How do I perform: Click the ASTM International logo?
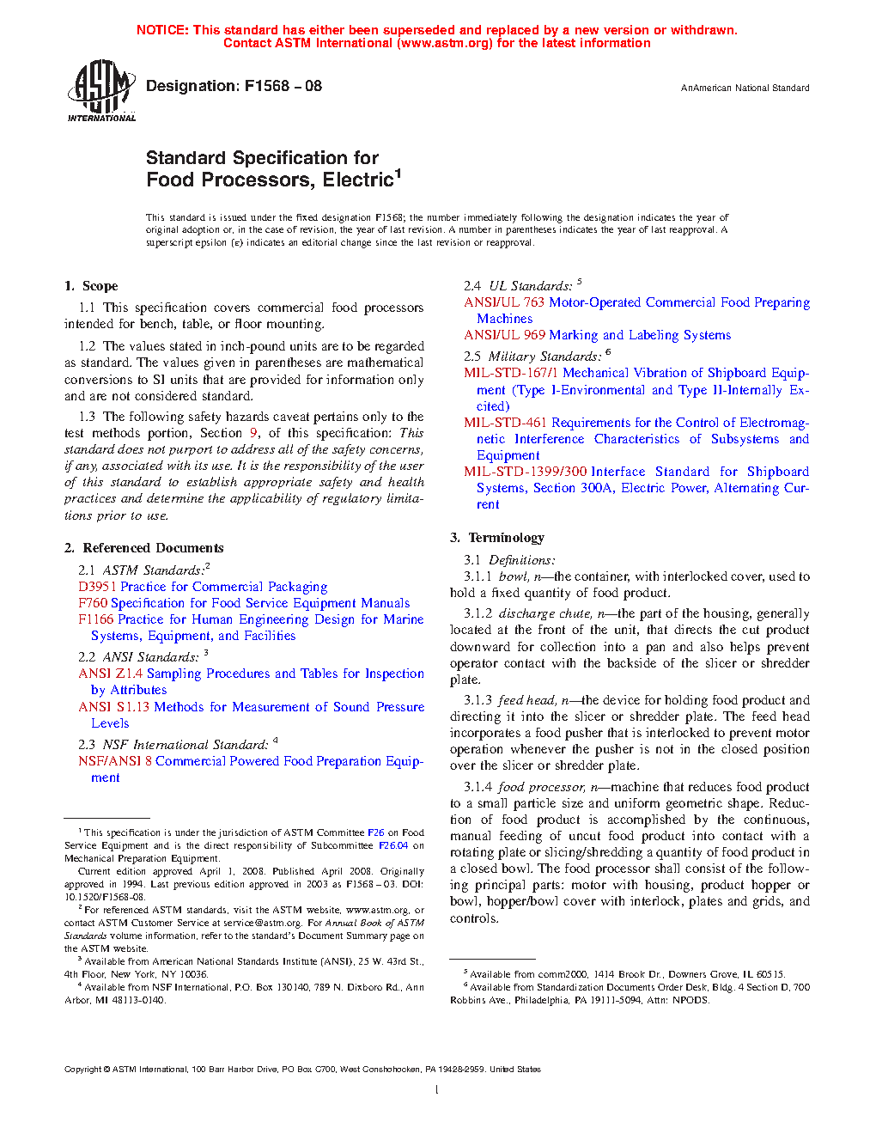point(101,90)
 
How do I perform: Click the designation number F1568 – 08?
point(283,86)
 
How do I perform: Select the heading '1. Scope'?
point(91,286)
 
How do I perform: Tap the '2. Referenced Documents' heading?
point(143,548)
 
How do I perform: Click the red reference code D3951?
point(97,587)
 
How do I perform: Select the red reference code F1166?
point(95,619)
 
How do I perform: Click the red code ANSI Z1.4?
point(110,674)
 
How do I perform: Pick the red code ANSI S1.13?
point(113,707)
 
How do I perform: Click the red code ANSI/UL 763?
point(504,302)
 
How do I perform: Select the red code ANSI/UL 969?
point(504,335)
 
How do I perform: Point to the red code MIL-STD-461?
point(505,423)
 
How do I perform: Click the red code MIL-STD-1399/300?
point(525,472)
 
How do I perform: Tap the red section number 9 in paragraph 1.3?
point(253,433)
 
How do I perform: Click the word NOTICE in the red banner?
point(162,30)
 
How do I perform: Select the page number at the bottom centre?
point(437,1090)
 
